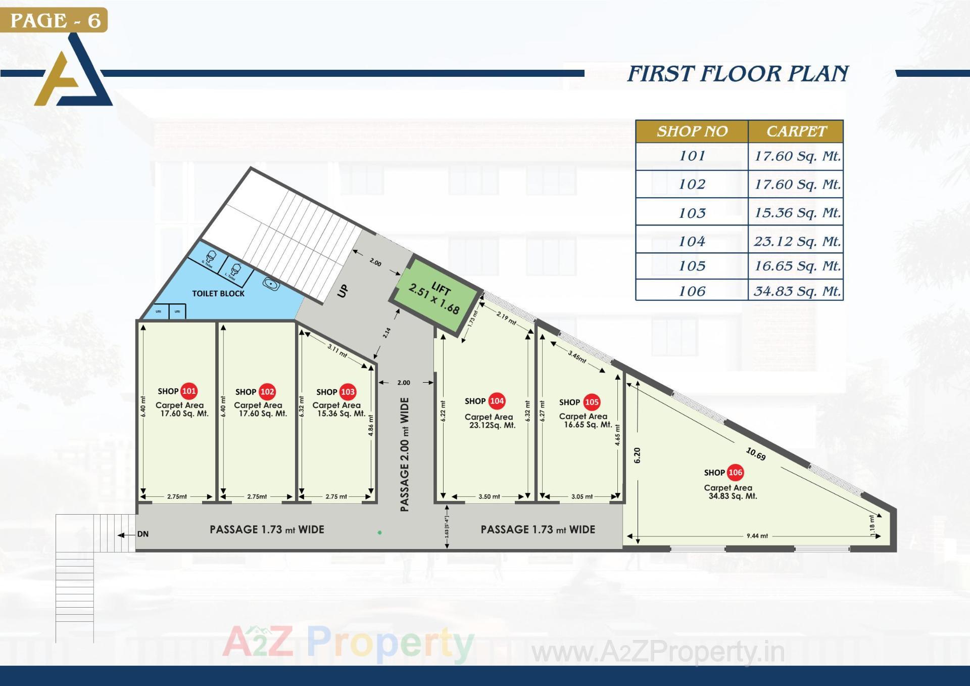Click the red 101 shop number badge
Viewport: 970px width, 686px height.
(x=189, y=391)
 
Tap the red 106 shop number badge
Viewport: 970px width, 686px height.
(x=735, y=472)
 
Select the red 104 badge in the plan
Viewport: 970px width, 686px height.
(x=497, y=401)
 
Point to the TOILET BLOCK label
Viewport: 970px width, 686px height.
(x=218, y=293)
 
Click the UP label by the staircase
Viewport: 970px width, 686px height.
(x=343, y=291)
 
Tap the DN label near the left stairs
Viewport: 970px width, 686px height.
(x=143, y=534)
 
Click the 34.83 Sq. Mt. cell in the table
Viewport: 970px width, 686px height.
(x=797, y=291)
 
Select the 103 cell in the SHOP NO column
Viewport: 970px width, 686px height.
(x=692, y=213)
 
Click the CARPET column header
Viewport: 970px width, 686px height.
(x=796, y=131)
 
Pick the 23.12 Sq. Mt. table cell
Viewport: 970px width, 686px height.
(x=797, y=241)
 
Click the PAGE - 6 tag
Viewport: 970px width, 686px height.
(x=55, y=20)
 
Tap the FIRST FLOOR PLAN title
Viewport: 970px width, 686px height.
(x=738, y=74)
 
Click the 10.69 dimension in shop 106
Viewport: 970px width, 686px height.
(x=756, y=454)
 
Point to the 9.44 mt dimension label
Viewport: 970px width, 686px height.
(x=757, y=536)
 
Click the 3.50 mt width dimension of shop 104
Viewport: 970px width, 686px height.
(x=489, y=496)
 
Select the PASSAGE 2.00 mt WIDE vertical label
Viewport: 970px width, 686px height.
(x=405, y=454)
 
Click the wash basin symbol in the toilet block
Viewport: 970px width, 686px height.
(x=271, y=284)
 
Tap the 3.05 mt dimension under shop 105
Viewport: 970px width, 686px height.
(x=582, y=496)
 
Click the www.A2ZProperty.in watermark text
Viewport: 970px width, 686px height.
(x=658, y=652)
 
